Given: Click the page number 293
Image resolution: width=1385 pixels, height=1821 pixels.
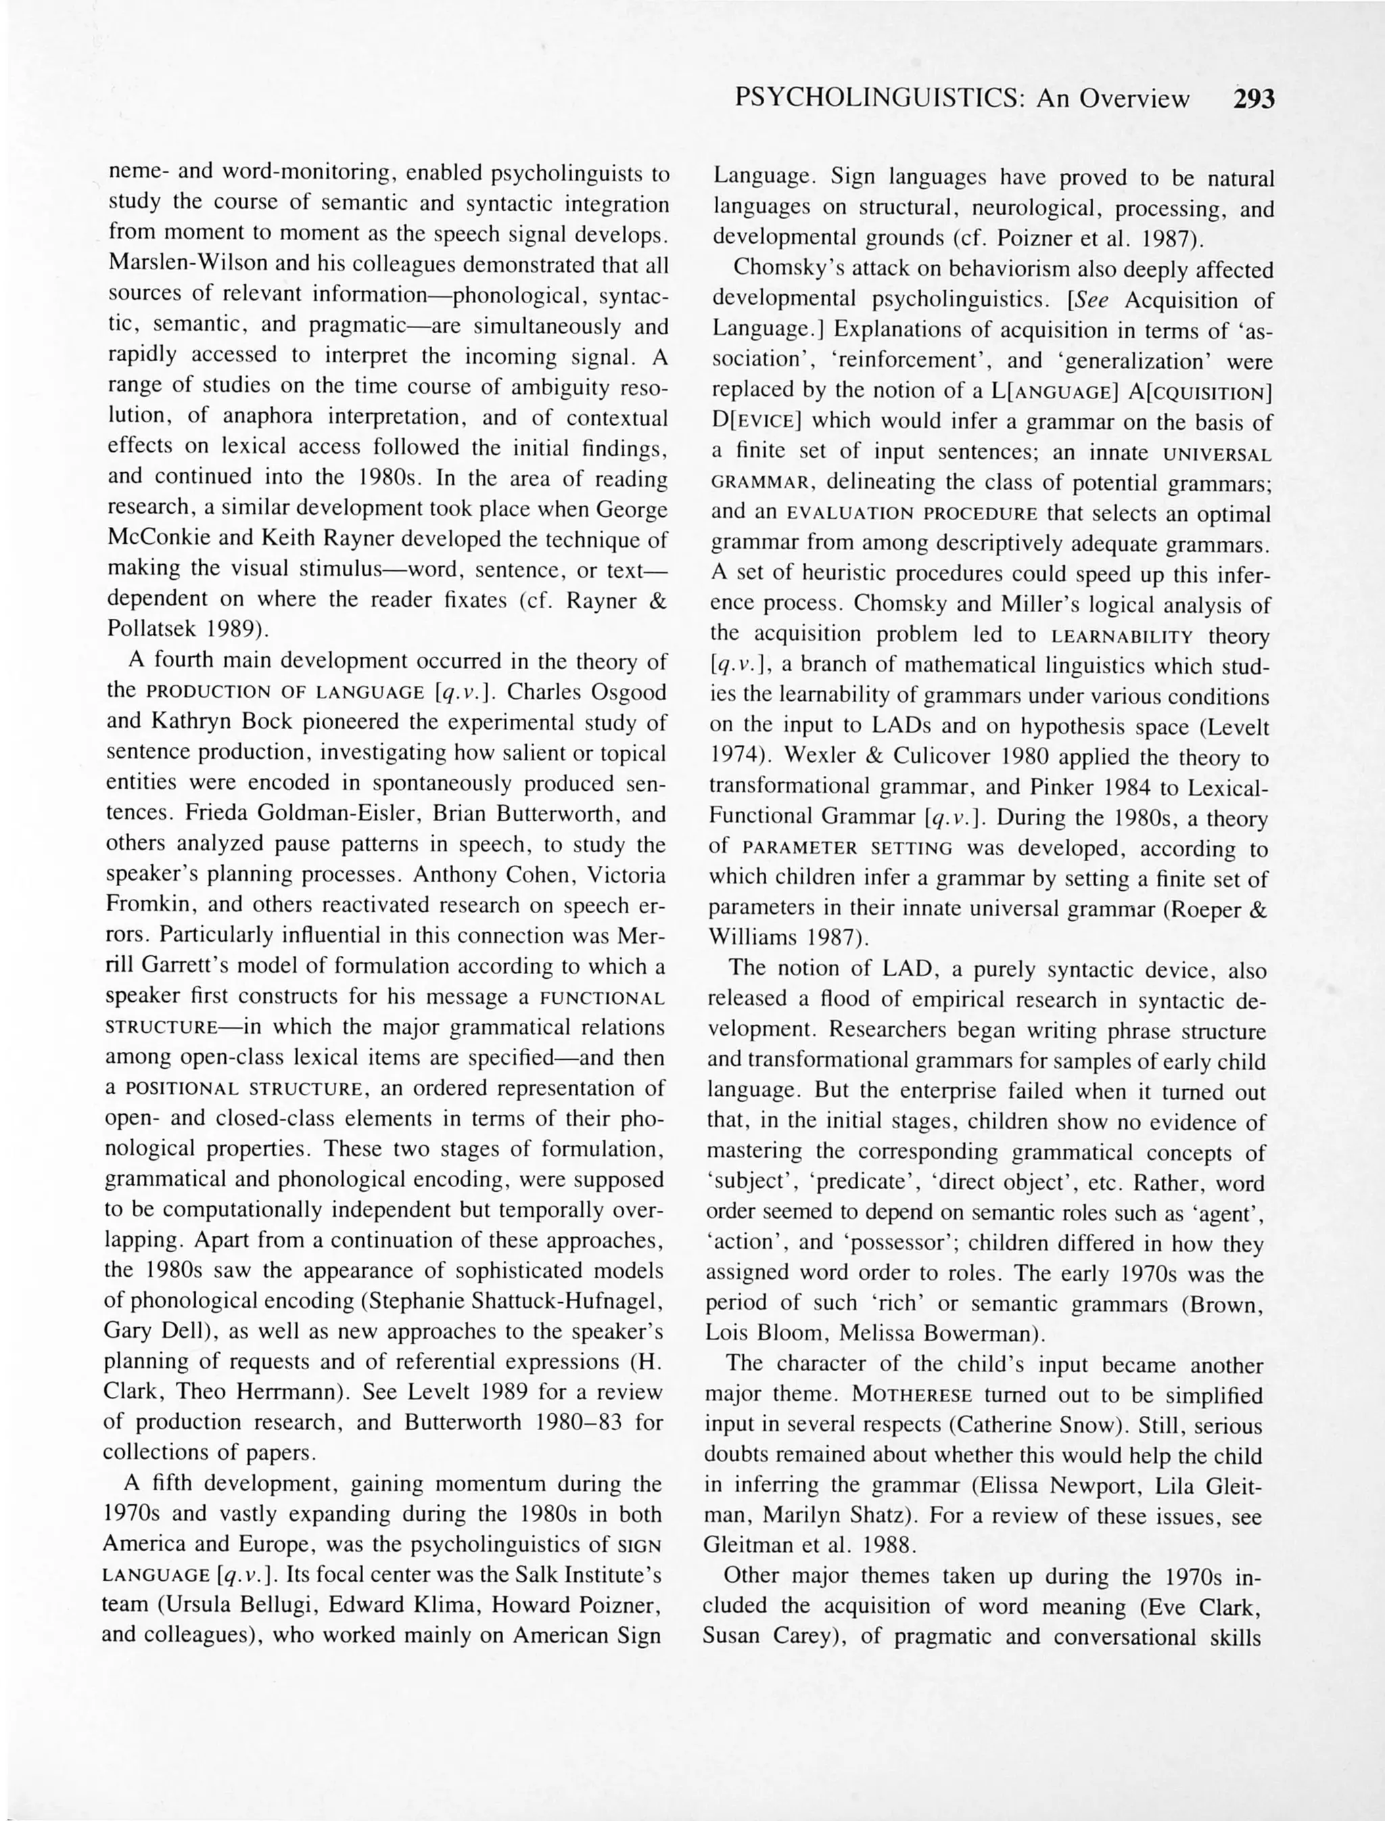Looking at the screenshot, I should coord(1253,100).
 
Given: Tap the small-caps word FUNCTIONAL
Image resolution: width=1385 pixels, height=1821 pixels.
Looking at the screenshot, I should coord(602,998).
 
